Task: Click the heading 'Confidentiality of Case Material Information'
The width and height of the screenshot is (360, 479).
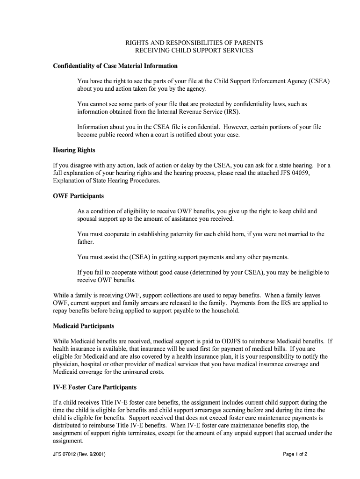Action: click(x=115, y=66)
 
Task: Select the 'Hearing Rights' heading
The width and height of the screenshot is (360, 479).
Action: click(x=74, y=150)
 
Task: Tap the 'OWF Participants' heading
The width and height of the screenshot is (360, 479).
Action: click(x=79, y=196)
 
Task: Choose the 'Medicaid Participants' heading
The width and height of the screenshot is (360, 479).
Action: click(x=84, y=326)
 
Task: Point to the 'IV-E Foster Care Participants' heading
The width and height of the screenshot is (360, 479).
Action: click(x=95, y=387)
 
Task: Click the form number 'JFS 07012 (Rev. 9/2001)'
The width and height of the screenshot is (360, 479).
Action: click(x=82, y=454)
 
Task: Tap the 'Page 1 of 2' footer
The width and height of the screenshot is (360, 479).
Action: click(x=295, y=454)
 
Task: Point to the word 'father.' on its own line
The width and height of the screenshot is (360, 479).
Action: click(x=86, y=242)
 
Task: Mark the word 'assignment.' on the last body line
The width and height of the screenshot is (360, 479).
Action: click(x=68, y=441)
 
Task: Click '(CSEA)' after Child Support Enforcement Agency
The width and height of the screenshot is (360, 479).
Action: click(x=319, y=81)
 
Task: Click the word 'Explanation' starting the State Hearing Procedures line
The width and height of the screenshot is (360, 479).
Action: click(x=69, y=180)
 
